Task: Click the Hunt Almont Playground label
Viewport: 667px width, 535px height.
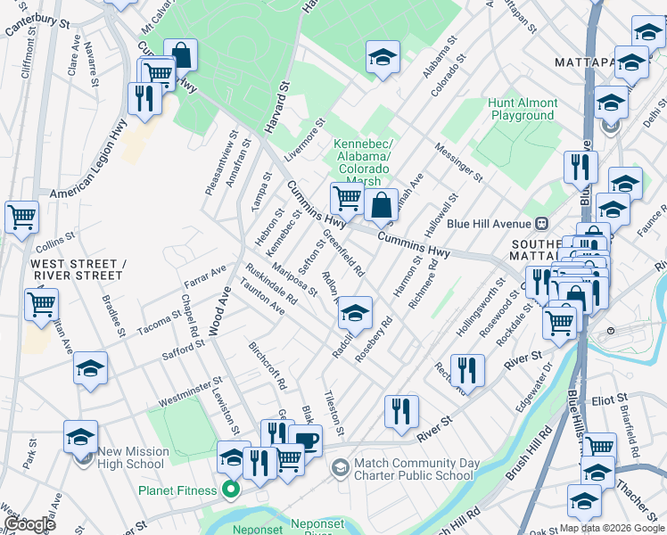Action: click(x=523, y=110)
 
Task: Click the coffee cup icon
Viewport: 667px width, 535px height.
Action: click(x=306, y=440)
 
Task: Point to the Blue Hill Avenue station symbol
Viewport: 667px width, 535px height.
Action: click(x=539, y=223)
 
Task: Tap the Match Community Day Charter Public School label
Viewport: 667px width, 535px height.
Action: click(x=414, y=469)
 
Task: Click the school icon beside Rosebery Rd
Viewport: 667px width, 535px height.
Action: click(x=355, y=313)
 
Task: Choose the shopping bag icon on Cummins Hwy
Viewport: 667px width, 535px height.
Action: click(x=381, y=204)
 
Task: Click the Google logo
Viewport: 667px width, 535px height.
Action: click(x=29, y=523)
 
